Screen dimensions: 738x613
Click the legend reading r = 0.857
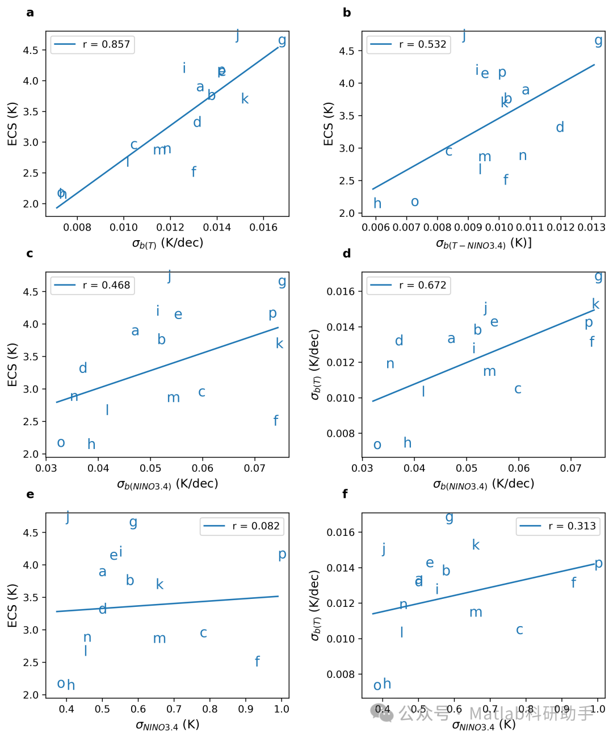pos(93,44)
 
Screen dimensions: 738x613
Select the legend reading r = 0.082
pos(242,526)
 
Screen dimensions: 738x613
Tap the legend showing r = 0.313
pos(558,526)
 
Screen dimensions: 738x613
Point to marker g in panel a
pos(282,40)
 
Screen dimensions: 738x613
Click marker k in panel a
pos(245,99)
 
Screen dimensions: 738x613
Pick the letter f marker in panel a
pos(194,171)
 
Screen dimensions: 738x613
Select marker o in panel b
pos(415,202)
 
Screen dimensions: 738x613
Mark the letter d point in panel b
pos(560,127)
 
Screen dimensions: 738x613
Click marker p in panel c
pos(273,313)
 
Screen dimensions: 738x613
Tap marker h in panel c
pos(91,444)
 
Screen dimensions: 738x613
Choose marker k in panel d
pos(595,304)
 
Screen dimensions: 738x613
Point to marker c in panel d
pos(518,389)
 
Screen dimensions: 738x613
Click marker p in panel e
pos(282,554)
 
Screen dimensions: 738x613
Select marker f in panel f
pos(573,582)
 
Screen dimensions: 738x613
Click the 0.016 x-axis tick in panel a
pos(264,228)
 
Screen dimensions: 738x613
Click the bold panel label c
pos(30,253)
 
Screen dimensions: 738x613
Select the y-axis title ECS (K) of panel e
pos(12,605)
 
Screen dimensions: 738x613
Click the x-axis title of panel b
pos(484,244)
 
